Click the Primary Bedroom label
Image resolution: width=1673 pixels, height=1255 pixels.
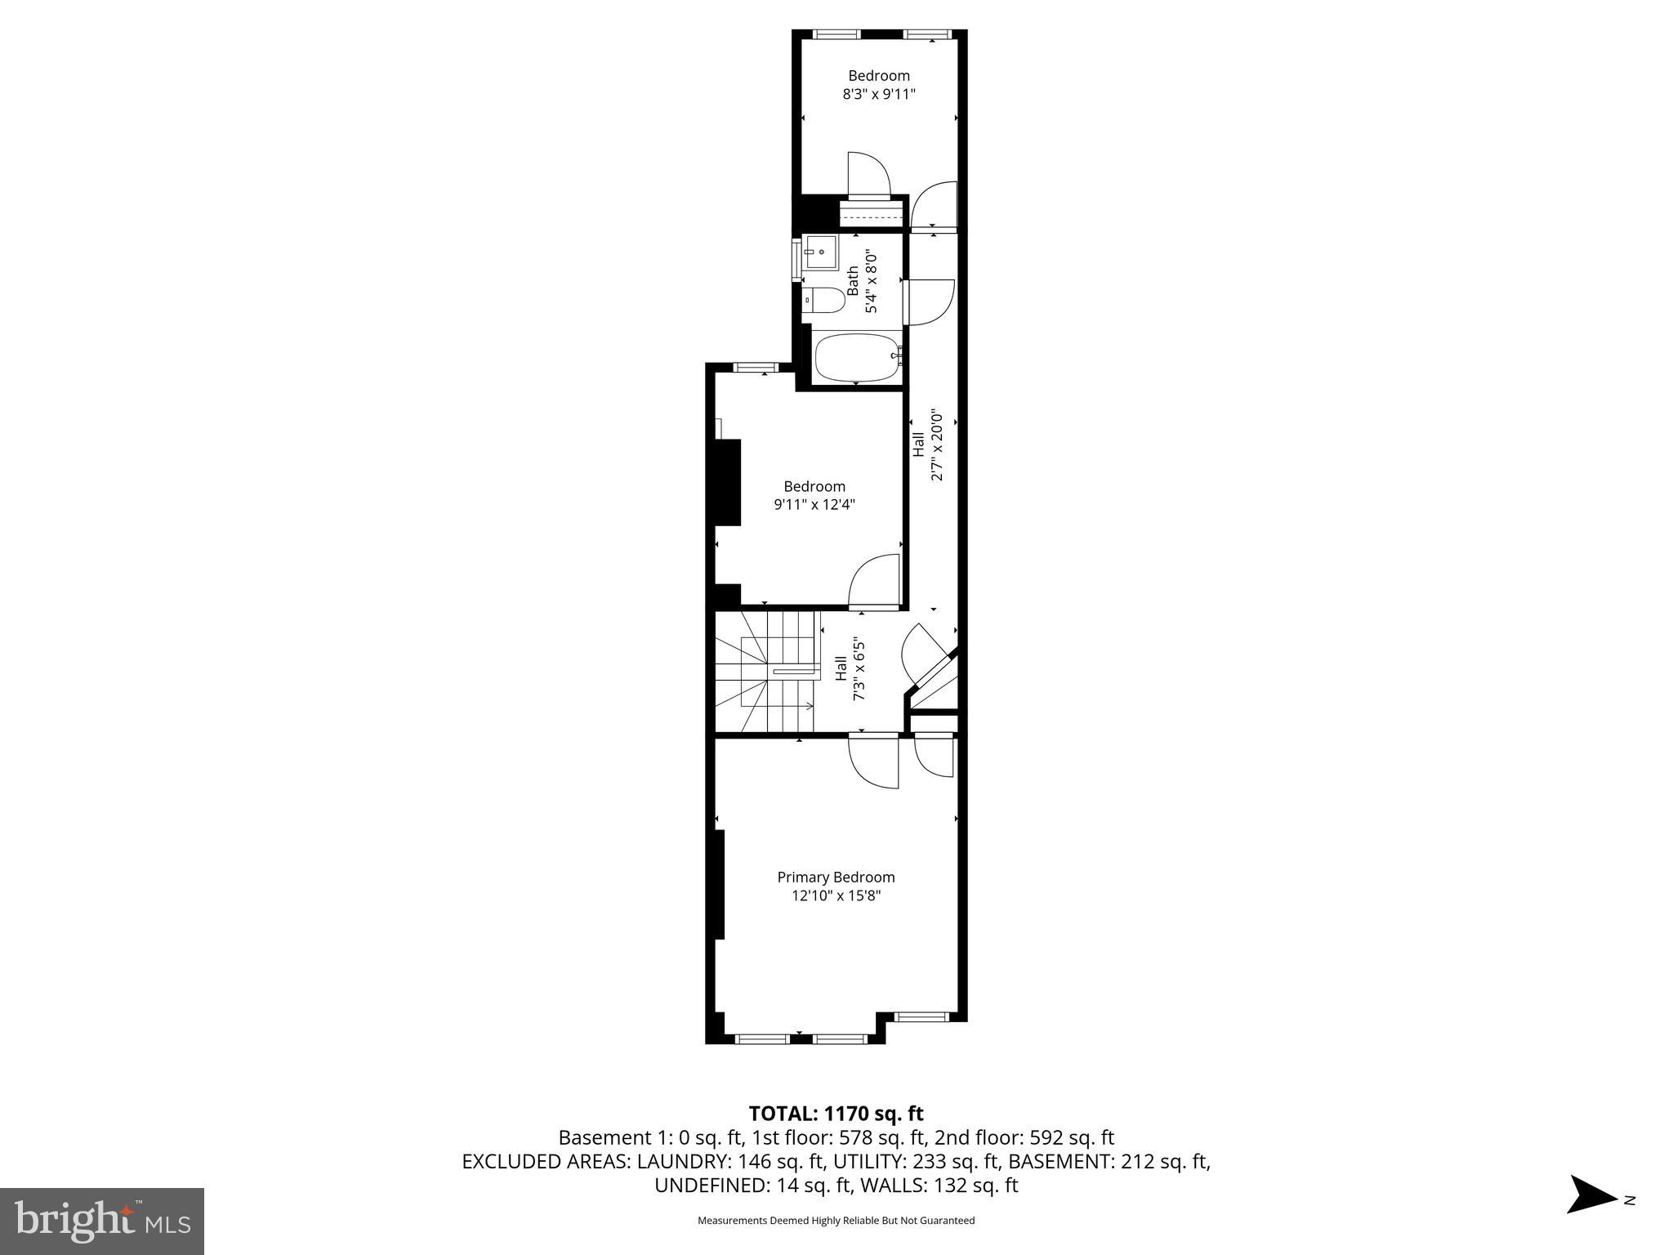pos(836,877)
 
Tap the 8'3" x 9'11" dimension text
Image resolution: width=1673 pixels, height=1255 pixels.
pos(878,94)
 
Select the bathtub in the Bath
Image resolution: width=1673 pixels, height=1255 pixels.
pos(857,358)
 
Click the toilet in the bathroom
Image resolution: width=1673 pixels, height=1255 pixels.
pos(823,301)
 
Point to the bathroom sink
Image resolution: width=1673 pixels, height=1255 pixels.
pos(820,252)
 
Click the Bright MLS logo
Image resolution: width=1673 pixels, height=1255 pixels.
pos(102,1220)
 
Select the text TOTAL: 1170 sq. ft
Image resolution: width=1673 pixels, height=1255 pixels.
pos(836,1113)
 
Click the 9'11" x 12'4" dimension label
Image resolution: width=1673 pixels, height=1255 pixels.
pos(814,505)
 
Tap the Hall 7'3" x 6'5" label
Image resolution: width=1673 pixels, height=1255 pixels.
pos(850,669)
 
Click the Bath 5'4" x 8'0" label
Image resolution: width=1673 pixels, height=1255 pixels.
pos(862,282)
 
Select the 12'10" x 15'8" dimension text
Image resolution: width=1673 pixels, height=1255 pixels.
pos(836,895)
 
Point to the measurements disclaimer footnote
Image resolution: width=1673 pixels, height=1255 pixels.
pos(836,1221)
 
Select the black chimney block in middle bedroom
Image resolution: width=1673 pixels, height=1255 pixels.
pos(727,482)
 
